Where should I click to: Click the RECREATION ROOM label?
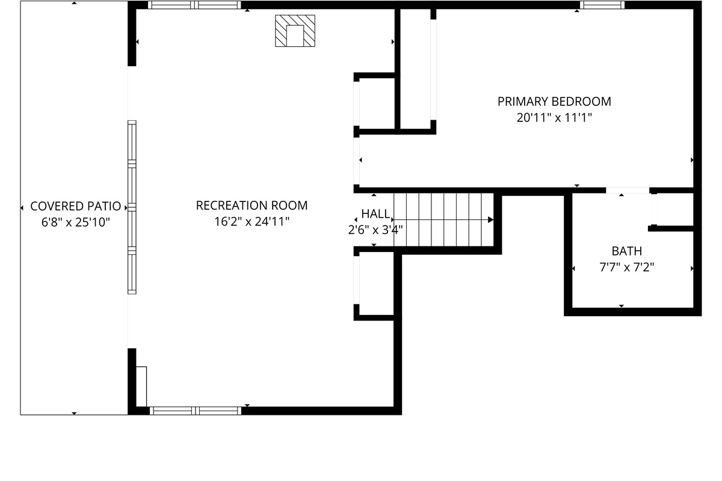pos(251,206)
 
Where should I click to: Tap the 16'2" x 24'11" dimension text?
pos(251,221)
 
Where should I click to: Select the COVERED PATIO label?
pos(75,207)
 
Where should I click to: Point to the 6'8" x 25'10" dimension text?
pos(75,222)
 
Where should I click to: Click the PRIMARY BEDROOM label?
pos(554,102)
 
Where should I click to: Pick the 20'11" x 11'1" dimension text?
pos(554,118)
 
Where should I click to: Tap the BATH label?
pos(626,251)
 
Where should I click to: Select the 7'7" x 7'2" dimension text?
pos(626,267)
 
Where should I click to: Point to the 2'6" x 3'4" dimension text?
pos(375,229)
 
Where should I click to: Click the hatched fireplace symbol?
pos(295,31)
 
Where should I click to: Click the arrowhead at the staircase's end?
pos(490,220)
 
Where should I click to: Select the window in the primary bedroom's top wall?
pos(602,5)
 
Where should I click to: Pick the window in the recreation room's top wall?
pos(194,5)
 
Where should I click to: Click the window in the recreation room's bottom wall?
pos(195,411)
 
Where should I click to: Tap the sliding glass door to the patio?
pos(132,207)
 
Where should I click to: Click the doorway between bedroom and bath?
pos(628,191)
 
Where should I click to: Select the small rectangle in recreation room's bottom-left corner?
pos(141,386)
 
